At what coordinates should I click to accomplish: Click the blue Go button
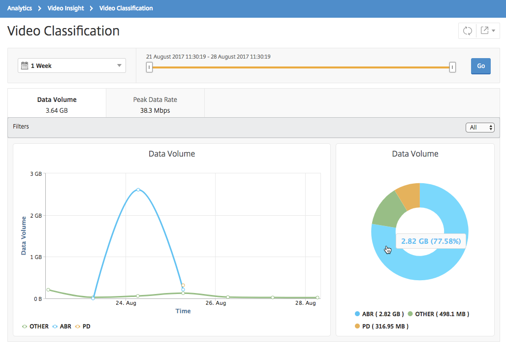[480, 66]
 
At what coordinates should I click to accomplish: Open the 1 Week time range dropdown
[72, 65]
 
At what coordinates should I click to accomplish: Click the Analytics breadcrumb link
[20, 8]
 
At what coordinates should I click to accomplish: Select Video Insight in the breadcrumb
[65, 8]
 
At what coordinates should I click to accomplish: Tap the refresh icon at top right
[467, 31]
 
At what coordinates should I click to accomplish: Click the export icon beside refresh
[488, 31]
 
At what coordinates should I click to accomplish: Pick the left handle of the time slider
[149, 67]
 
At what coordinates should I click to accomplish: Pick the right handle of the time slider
[452, 67]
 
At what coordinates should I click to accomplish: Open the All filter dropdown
[480, 128]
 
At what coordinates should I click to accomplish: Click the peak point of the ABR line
[138, 190]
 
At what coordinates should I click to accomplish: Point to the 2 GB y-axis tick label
[36, 215]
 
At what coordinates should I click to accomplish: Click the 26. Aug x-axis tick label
[216, 303]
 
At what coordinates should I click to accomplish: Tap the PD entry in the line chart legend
[83, 327]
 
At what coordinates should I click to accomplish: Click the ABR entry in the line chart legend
[62, 327]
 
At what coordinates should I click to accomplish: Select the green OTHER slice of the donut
[387, 210]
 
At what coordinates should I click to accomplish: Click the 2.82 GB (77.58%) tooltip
[431, 241]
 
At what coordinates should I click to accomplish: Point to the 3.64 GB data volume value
[57, 110]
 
